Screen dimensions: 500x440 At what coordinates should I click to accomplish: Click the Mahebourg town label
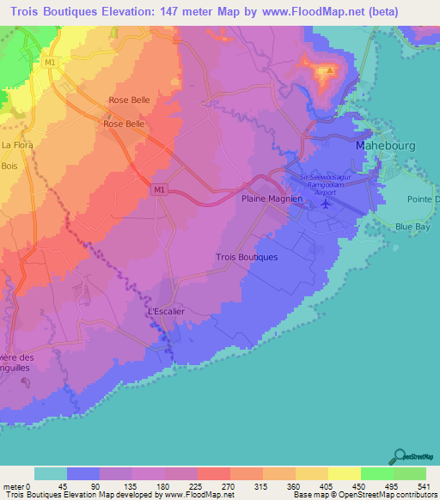coord(385,146)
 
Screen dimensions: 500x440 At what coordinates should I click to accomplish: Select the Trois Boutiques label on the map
coord(247,257)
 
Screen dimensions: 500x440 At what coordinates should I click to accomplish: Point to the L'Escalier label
coord(167,311)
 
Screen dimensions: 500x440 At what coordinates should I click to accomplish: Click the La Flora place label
coord(17,145)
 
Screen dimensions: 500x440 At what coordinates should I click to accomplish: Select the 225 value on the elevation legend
coord(197,486)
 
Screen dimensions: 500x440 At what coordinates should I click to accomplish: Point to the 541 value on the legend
coord(425,486)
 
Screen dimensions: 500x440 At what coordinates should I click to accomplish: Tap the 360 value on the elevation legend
coord(295,486)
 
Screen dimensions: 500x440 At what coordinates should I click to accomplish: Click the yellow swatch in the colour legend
coord(344,473)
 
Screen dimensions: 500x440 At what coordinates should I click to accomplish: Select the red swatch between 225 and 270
coord(213,473)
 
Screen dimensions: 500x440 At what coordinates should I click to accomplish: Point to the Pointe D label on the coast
coord(425,199)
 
